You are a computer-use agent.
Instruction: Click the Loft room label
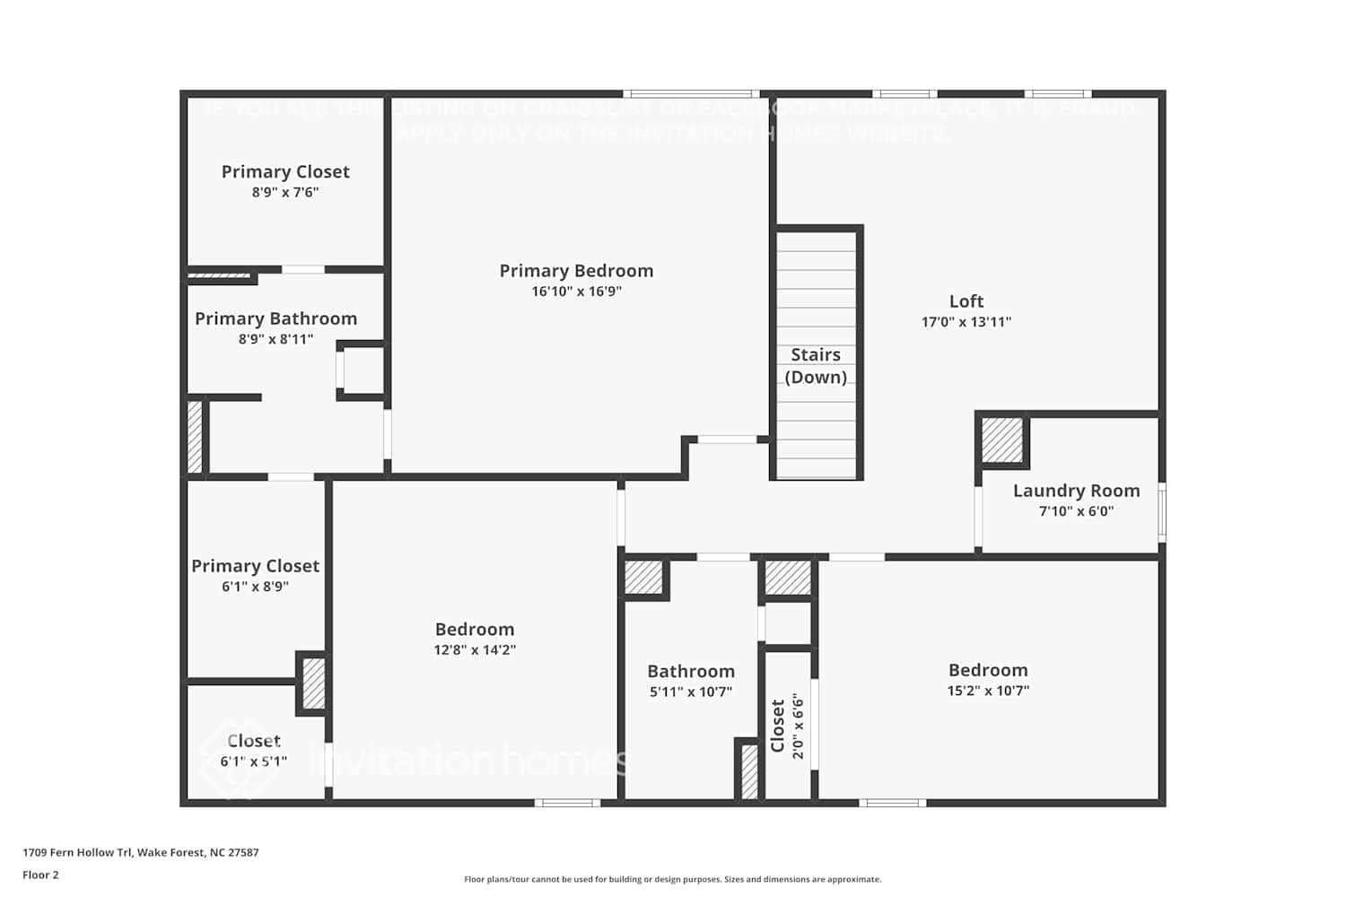pos(966,301)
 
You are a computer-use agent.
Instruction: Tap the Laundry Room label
pos(1076,491)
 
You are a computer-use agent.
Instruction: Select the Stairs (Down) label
pos(816,366)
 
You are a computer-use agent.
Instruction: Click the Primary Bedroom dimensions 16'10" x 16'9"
pos(576,292)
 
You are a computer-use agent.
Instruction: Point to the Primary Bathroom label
pos(275,318)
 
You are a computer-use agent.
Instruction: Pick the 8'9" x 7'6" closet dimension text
pos(284,192)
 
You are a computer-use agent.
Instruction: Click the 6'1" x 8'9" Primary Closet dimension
pos(255,587)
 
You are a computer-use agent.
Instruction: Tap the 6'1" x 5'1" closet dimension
pos(253,762)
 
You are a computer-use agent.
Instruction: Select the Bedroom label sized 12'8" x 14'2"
pos(475,630)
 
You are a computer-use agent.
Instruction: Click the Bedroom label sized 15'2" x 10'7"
pos(988,670)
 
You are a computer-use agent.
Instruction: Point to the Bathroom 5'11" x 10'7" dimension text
pos(690,692)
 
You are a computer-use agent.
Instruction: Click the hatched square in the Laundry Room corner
pos(1002,440)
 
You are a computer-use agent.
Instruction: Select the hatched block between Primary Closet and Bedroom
pos(312,684)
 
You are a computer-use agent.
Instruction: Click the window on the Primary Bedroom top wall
pos(691,93)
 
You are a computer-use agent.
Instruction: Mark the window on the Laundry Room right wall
pos(1162,513)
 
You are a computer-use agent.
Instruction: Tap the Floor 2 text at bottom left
pos(40,875)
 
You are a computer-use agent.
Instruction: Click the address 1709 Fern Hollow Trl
pos(140,852)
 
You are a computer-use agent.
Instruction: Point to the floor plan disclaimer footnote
pos(672,879)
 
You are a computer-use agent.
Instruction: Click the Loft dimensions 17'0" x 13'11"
pos(966,322)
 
